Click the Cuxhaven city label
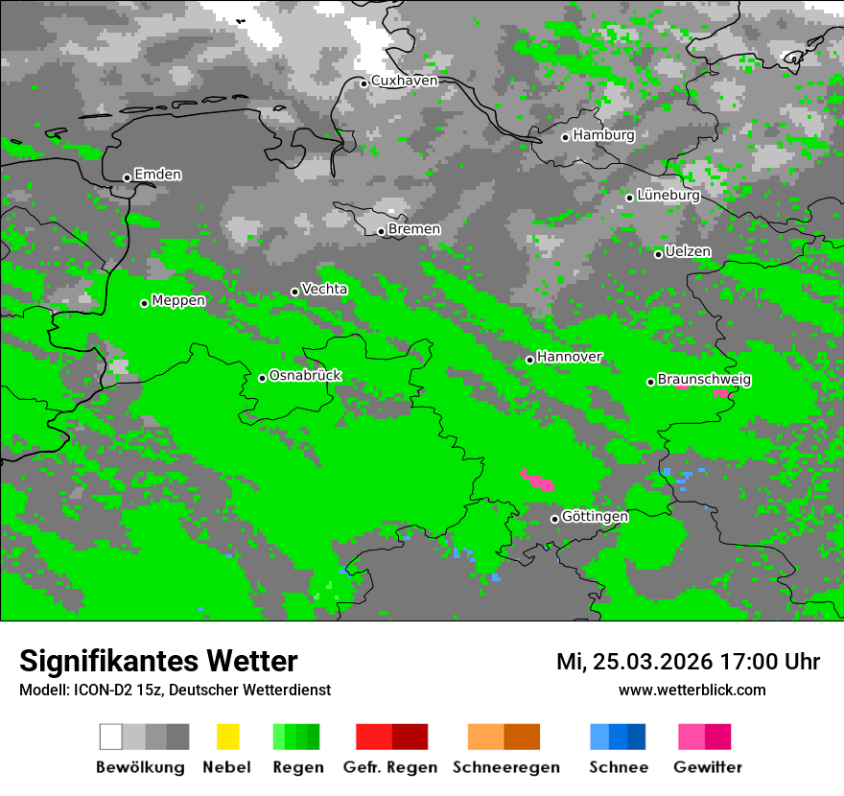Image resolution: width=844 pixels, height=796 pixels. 404,81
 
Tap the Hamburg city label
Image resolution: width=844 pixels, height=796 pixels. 603,135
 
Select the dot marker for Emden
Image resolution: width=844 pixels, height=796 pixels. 127,177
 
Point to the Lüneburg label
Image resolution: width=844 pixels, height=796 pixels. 668,196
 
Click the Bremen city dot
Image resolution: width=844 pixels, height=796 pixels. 381,231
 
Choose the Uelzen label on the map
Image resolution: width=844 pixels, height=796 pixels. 688,251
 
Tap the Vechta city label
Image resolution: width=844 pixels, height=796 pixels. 324,289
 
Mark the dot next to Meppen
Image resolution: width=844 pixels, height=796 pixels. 144,303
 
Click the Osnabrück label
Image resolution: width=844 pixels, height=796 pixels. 305,375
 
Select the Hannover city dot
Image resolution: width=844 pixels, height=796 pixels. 529,360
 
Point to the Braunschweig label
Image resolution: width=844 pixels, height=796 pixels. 704,380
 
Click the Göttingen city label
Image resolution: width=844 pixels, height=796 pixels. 595,516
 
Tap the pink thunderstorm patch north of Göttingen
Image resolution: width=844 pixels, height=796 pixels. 537,479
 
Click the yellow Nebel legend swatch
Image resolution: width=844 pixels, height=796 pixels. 227,737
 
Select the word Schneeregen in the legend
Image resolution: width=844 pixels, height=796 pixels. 505,767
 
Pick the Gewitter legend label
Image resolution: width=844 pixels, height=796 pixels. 707,767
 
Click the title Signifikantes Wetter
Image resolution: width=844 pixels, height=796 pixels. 158,661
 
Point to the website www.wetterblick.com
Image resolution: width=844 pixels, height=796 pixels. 692,690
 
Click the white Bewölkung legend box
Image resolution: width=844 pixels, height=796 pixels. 110,737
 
